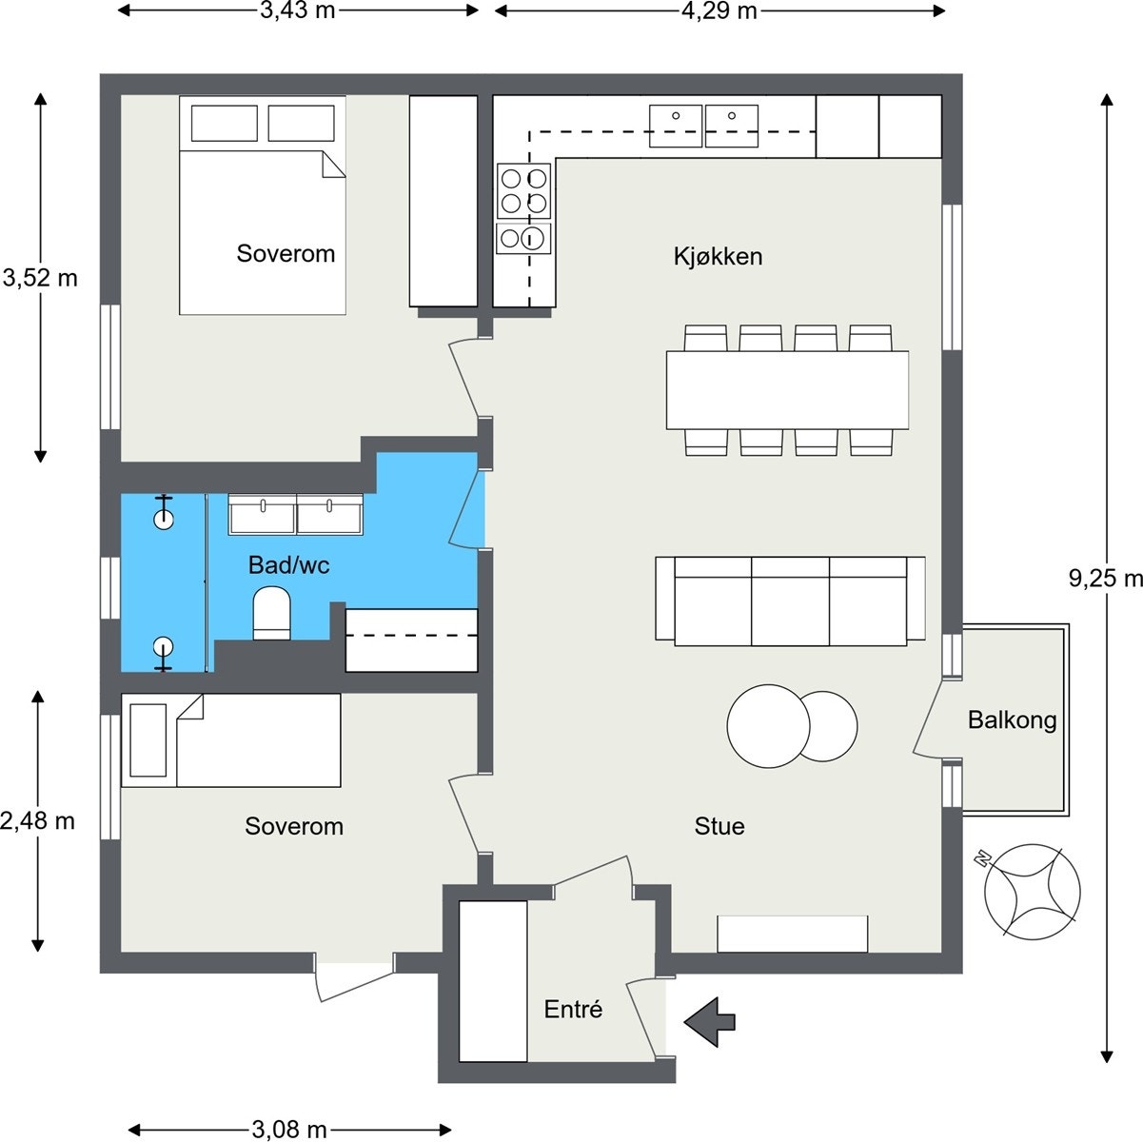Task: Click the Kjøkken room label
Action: tap(718, 256)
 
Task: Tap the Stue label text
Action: tap(719, 826)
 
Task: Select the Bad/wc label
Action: tap(288, 564)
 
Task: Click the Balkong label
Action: tap(1012, 720)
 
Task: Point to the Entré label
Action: tap(573, 1009)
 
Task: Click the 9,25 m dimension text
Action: tap(1105, 578)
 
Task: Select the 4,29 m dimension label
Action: tap(719, 10)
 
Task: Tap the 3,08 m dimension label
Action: tap(289, 1130)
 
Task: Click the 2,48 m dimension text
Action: tap(37, 820)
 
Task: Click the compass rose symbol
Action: tap(1031, 892)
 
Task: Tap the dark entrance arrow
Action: tap(709, 1021)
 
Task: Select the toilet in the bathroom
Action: tap(271, 613)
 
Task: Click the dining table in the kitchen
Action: tap(787, 390)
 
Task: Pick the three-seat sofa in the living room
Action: tap(790, 601)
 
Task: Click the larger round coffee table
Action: tap(768, 725)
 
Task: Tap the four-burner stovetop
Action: tap(523, 191)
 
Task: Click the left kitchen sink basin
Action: tap(676, 126)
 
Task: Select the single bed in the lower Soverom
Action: tap(230, 740)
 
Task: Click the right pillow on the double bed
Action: tap(301, 123)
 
